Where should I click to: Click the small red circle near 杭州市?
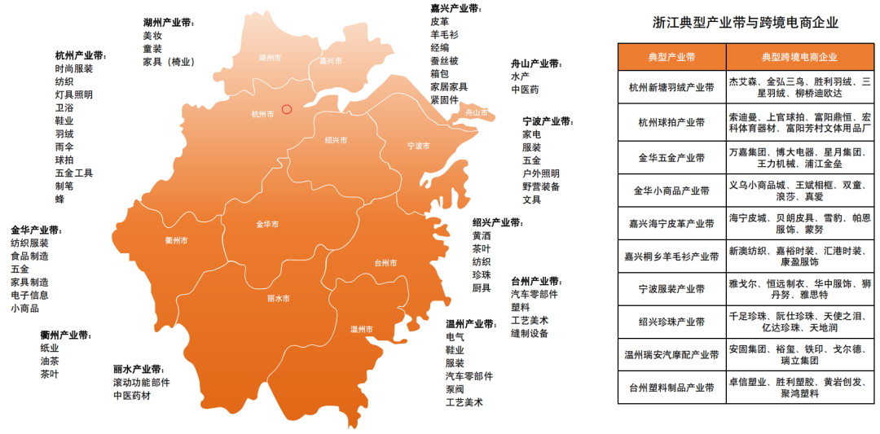coord(286,108)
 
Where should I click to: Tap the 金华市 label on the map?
coord(267,224)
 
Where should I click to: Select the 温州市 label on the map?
coord(361,329)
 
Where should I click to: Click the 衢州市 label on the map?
coord(176,240)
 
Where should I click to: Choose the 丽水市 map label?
coord(278,298)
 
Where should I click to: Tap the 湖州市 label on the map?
coord(270,58)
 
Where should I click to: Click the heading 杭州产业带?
coord(81,55)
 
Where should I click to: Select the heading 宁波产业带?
coord(548,120)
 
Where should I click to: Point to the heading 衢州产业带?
coord(66,335)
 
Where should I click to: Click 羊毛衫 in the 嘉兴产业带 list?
coord(445,35)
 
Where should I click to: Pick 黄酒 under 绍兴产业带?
coord(481,235)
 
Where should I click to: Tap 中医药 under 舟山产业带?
coord(525,90)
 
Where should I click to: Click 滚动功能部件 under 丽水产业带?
coord(141,383)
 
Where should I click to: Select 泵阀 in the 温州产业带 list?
coord(455,389)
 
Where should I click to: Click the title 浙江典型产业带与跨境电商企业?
coord(745,23)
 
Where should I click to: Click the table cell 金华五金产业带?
coord(671,156)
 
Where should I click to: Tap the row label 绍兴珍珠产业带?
coord(671,321)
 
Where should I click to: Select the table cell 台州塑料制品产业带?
coord(671,388)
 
